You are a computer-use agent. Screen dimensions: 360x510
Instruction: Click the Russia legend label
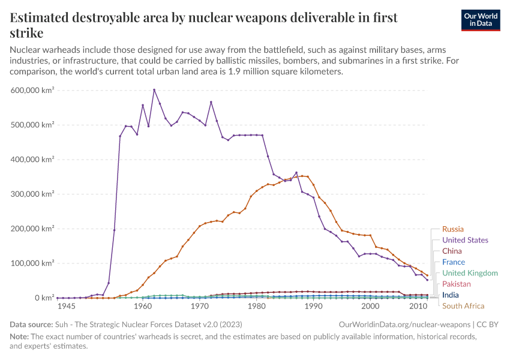pyautogui.click(x=452, y=229)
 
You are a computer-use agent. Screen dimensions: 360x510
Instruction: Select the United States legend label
pyautogui.click(x=465, y=240)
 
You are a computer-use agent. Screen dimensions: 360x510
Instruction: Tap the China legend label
pyautogui.click(x=452, y=251)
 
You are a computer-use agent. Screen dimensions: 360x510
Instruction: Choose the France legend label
pyautogui.click(x=453, y=262)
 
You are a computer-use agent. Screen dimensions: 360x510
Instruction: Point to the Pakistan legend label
pyautogui.click(x=456, y=284)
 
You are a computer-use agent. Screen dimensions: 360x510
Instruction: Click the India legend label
pyautogui.click(x=450, y=295)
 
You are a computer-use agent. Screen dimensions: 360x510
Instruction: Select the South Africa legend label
pyautogui.click(x=463, y=306)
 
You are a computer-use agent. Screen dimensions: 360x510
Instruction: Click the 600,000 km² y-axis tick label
pyautogui.click(x=33, y=90)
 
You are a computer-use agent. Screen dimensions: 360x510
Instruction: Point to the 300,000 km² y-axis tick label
pyautogui.click(x=33, y=194)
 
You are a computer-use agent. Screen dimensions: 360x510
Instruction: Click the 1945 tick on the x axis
pyautogui.click(x=66, y=307)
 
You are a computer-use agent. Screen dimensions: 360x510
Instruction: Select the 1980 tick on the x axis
pyautogui.click(x=256, y=307)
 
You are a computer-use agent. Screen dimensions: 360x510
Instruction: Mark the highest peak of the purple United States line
pyautogui.click(x=154, y=90)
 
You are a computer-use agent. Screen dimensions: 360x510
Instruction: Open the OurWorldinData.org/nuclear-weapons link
pyautogui.click(x=404, y=325)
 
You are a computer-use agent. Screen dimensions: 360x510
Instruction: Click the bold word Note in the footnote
pyautogui.click(x=19, y=337)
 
